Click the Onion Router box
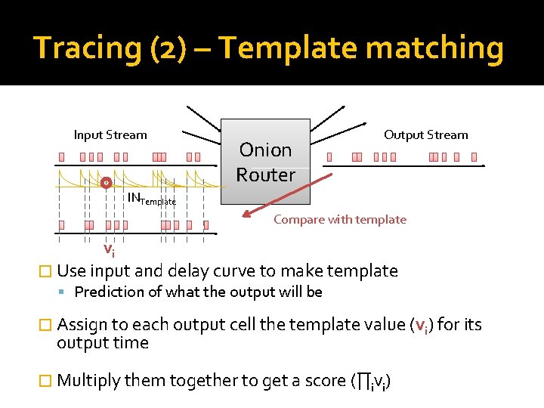coord(265,162)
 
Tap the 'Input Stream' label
coord(110,135)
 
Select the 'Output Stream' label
coord(425,135)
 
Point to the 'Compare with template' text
coord(339,220)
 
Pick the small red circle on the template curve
coord(106,183)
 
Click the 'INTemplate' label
coord(151,199)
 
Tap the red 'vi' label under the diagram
coord(109,249)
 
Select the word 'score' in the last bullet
coord(325,380)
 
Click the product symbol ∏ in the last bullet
coord(363,380)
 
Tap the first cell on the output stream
coord(329,157)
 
